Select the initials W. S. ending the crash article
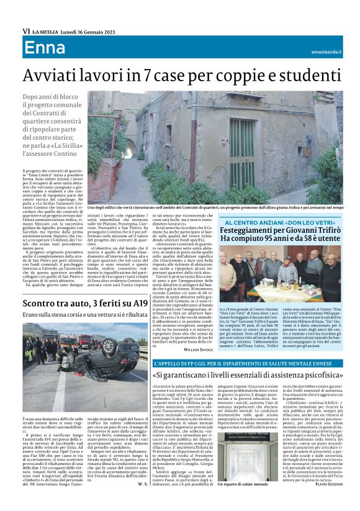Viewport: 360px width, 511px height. click(x=142, y=483)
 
